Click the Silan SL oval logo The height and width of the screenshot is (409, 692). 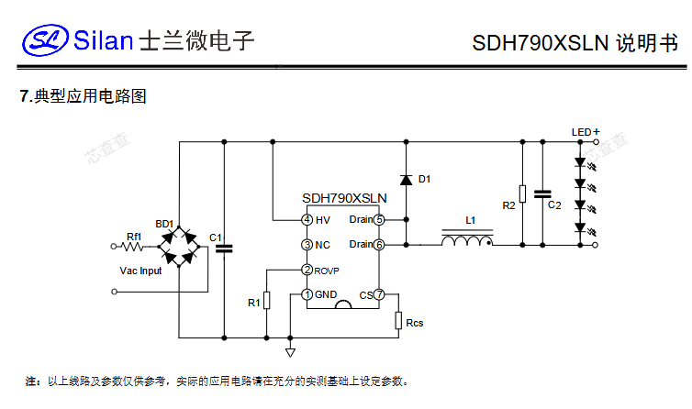tap(46, 39)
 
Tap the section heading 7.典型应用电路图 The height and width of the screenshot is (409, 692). tap(84, 96)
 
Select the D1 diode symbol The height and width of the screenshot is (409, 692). tap(405, 179)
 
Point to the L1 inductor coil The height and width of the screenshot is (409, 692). tap(467, 240)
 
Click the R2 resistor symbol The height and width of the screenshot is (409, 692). tap(522, 193)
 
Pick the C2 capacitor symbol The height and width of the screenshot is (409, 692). tap(542, 193)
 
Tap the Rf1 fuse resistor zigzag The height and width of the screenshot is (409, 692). tap(135, 245)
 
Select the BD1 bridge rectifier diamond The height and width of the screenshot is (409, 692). tap(179, 245)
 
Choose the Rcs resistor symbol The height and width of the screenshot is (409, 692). tap(398, 320)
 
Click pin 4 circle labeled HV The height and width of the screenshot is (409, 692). tap(307, 220)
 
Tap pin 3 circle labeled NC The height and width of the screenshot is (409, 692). tap(307, 245)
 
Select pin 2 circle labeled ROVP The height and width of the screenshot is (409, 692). tap(307, 270)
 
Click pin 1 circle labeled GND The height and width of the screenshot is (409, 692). tap(307, 294)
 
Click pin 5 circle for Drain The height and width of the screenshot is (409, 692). tap(378, 220)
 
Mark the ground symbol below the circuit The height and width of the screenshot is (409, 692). tap(290, 352)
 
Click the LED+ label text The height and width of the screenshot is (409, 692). tap(586, 132)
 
